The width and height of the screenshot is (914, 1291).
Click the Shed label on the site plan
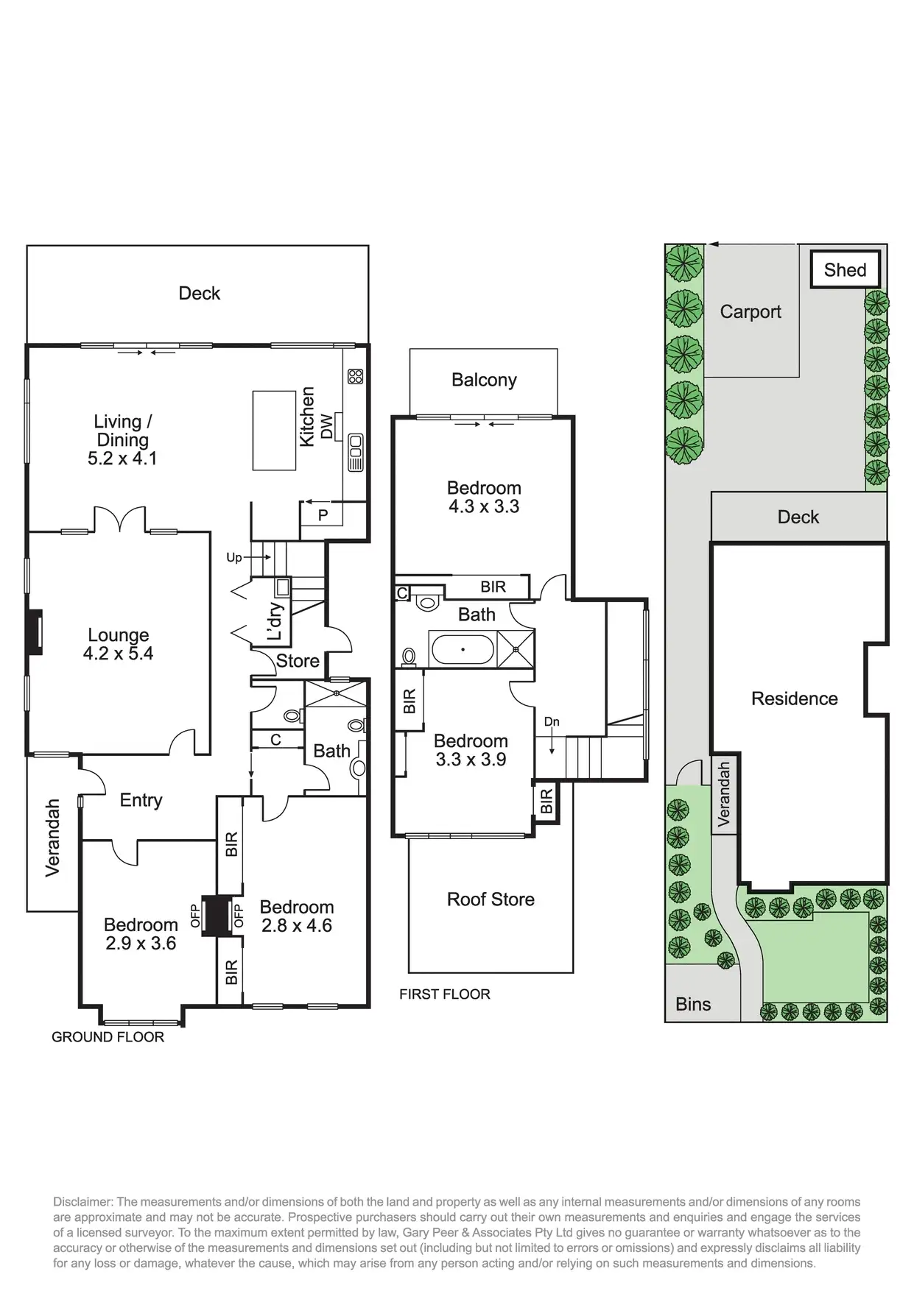click(845, 270)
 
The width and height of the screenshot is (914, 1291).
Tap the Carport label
click(750, 311)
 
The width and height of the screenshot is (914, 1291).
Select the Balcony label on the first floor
click(484, 380)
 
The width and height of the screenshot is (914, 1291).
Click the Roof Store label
click(491, 899)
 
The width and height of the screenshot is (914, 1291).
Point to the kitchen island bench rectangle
click(274, 431)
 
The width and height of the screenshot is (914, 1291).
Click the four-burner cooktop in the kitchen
click(355, 376)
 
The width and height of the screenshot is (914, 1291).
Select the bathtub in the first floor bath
click(463, 649)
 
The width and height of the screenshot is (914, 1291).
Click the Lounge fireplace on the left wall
click(34, 632)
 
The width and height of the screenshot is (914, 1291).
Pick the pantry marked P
click(323, 515)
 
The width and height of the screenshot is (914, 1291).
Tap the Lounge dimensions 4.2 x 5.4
click(118, 653)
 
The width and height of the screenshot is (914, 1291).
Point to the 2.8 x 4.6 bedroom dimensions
click(297, 925)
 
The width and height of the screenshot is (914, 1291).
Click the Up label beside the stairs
click(233, 557)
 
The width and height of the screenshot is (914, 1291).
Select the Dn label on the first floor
click(552, 722)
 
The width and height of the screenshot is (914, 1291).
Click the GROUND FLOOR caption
click(108, 1036)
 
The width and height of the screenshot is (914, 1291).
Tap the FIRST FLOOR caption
click(444, 994)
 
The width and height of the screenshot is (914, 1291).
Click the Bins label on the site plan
click(693, 1004)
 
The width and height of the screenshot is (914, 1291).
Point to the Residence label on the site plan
click(794, 698)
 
